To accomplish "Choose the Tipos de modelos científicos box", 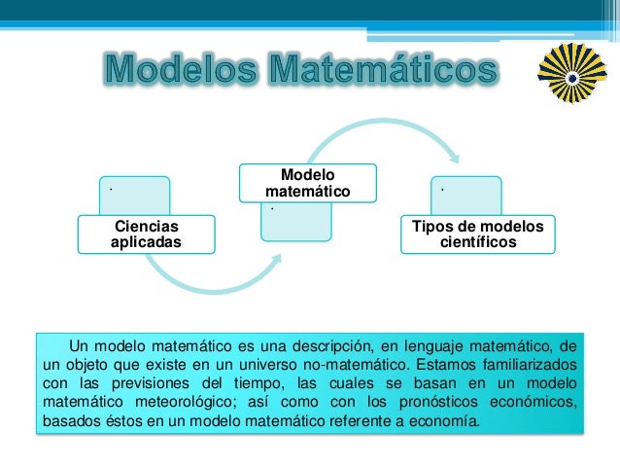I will [x=477, y=234].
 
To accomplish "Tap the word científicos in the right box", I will [x=477, y=243].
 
